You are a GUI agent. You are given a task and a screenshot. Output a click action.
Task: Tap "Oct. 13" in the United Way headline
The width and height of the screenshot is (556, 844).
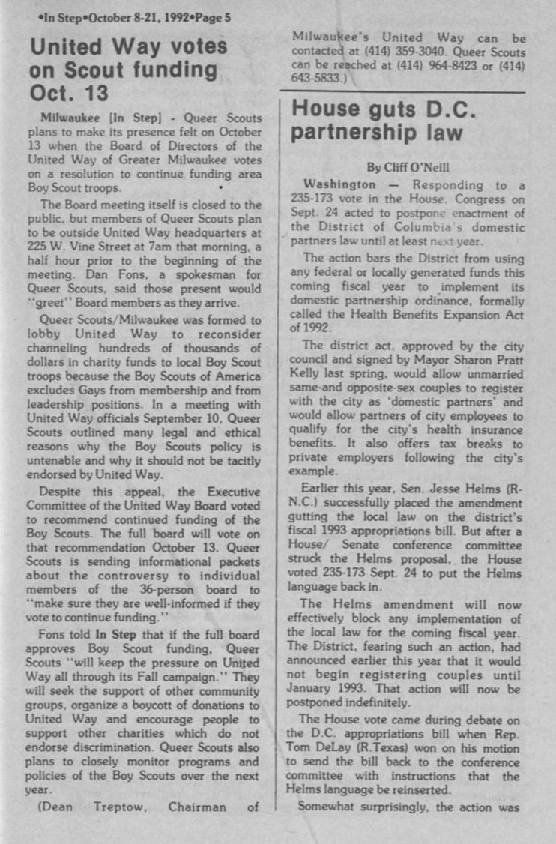[x=70, y=94]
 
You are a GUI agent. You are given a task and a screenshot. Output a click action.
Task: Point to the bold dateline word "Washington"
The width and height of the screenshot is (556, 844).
[x=339, y=184]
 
